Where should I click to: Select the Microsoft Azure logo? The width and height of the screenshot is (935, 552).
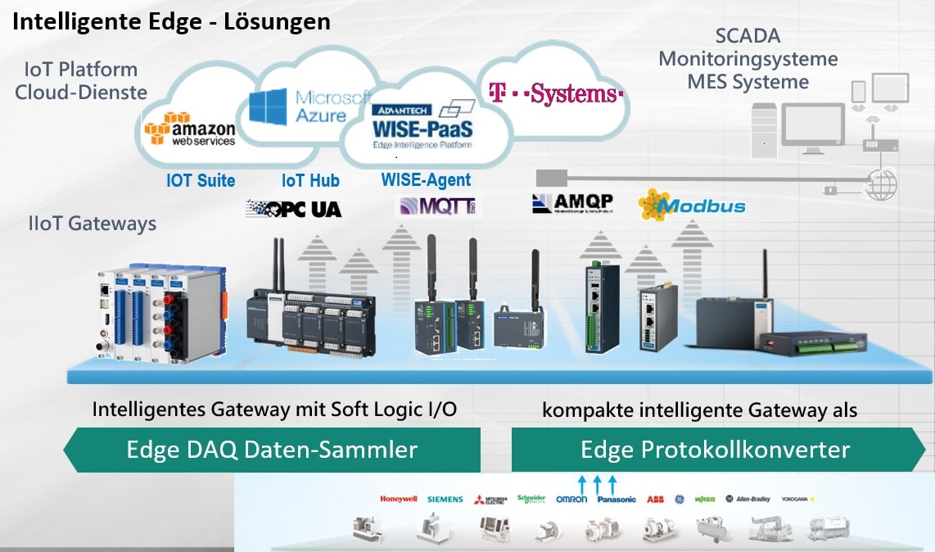pyautogui.click(x=308, y=106)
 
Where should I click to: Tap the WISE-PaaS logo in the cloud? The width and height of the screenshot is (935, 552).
pyautogui.click(x=422, y=124)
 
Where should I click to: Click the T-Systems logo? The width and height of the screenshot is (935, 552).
pyautogui.click(x=556, y=93)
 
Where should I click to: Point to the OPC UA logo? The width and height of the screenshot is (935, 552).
pyautogui.click(x=294, y=208)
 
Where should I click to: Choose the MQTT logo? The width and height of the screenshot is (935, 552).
pyautogui.click(x=439, y=206)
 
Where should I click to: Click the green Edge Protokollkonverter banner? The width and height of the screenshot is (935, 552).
pyautogui.click(x=716, y=450)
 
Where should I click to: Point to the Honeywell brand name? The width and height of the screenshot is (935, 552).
pyautogui.click(x=399, y=499)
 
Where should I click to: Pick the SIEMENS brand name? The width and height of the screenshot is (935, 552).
pyautogui.click(x=445, y=499)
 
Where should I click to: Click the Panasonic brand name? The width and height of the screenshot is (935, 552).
pyautogui.click(x=617, y=499)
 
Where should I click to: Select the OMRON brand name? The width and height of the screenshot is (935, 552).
pyautogui.click(x=571, y=499)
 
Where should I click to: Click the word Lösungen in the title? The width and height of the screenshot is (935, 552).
pyautogui.click(x=278, y=21)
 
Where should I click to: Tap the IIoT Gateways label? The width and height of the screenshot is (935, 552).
pyautogui.click(x=91, y=224)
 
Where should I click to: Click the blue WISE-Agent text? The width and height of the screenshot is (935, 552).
pyautogui.click(x=426, y=180)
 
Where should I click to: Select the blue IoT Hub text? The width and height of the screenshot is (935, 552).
pyautogui.click(x=310, y=181)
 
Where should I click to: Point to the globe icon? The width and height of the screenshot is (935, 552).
pyautogui.click(x=881, y=185)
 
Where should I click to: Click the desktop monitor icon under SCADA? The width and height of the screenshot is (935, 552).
pyautogui.click(x=811, y=124)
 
